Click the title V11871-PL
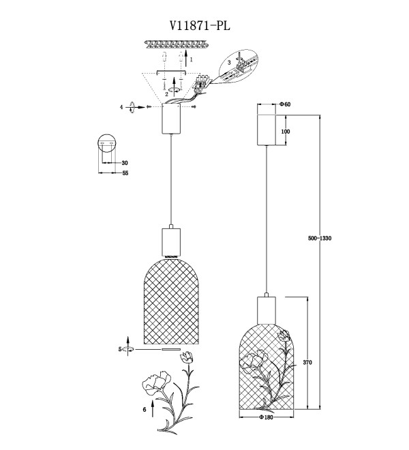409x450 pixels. pos(200,26)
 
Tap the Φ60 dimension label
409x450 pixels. pos(285,104)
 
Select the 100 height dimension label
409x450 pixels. pos(286,132)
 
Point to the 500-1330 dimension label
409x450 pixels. pos(320,238)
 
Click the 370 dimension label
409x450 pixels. pos(307,363)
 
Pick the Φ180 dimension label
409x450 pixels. pos(267,417)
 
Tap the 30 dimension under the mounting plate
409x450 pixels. pos(125,163)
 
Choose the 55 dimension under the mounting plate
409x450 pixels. pos(125,173)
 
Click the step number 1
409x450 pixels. pos(192,60)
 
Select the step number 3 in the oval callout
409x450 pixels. pos(229,63)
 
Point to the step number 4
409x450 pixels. pos(121,107)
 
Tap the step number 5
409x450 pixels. pos(120,349)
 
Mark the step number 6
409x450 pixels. pos(145,410)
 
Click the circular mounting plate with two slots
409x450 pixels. pos(106,142)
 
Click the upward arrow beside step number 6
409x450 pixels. pos(153,408)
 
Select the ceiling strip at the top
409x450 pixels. pos(176,44)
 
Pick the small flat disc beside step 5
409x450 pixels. pos(171,349)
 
